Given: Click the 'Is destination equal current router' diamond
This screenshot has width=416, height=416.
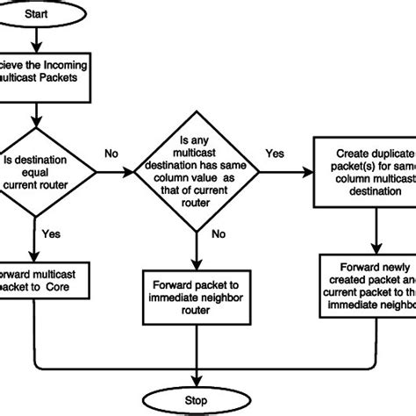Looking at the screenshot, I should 39,161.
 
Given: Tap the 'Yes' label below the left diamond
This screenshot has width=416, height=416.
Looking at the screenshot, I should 52,234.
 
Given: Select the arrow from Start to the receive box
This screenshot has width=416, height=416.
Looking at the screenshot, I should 34,40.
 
